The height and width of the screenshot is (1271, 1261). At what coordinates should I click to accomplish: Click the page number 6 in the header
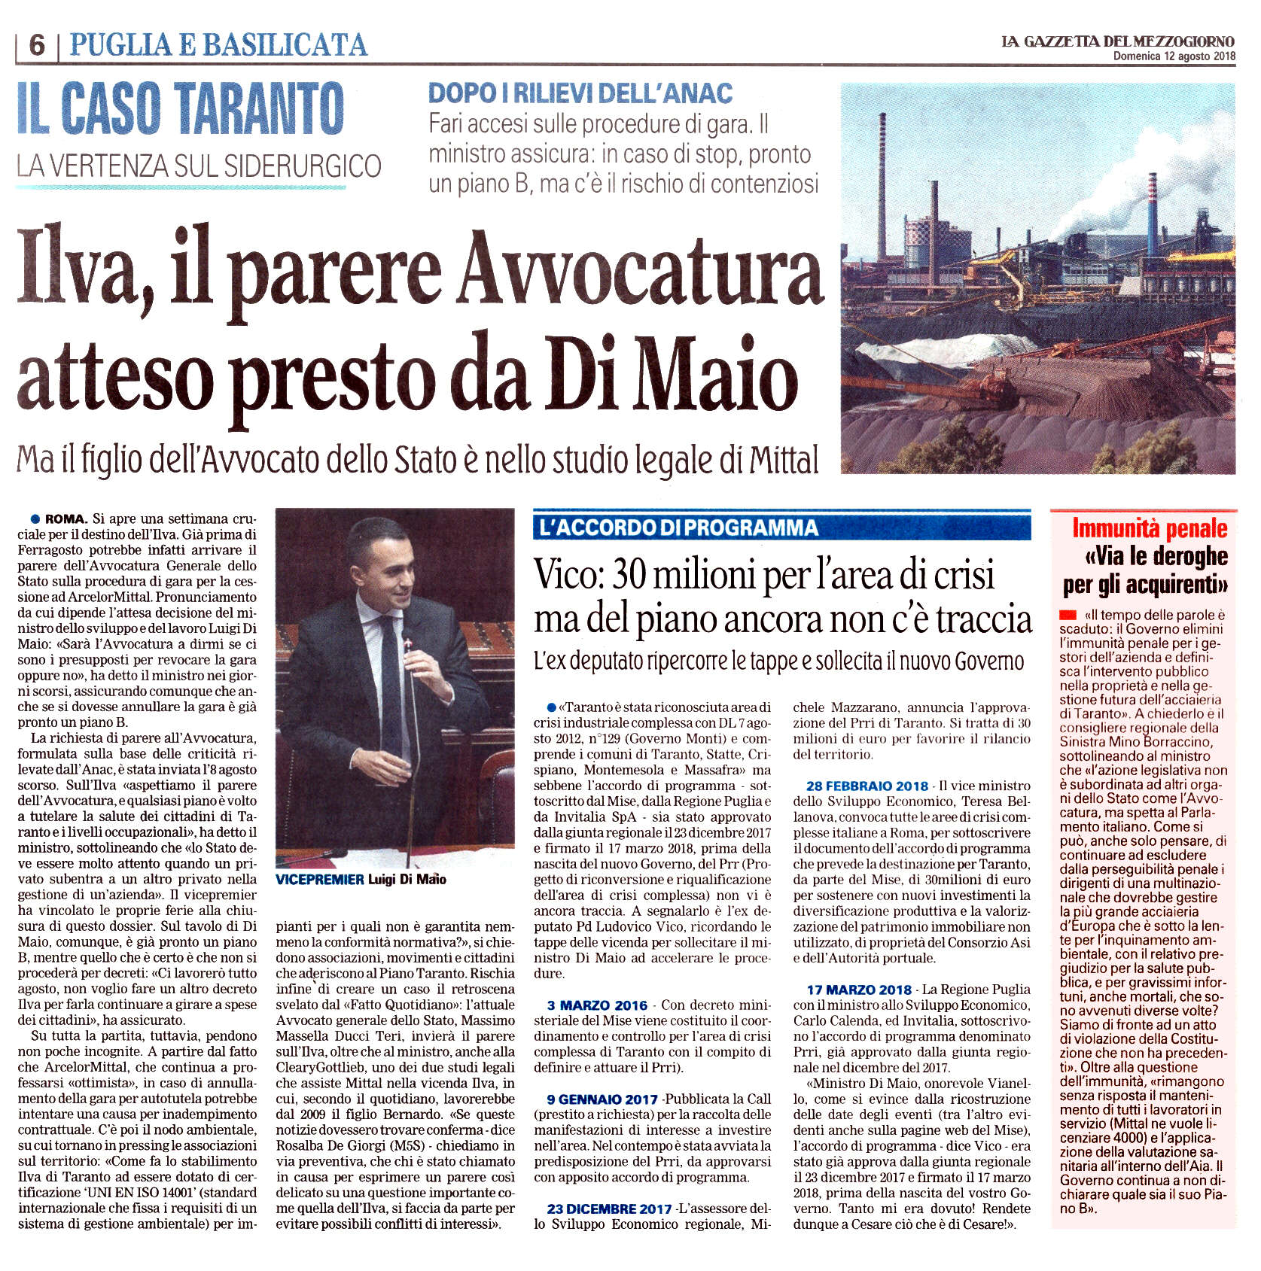[x=36, y=46]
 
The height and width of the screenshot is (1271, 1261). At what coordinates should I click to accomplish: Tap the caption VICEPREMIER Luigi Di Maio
[x=361, y=879]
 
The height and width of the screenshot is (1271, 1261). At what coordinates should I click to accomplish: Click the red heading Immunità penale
[x=1150, y=529]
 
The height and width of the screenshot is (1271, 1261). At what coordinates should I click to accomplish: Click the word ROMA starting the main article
[x=66, y=519]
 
